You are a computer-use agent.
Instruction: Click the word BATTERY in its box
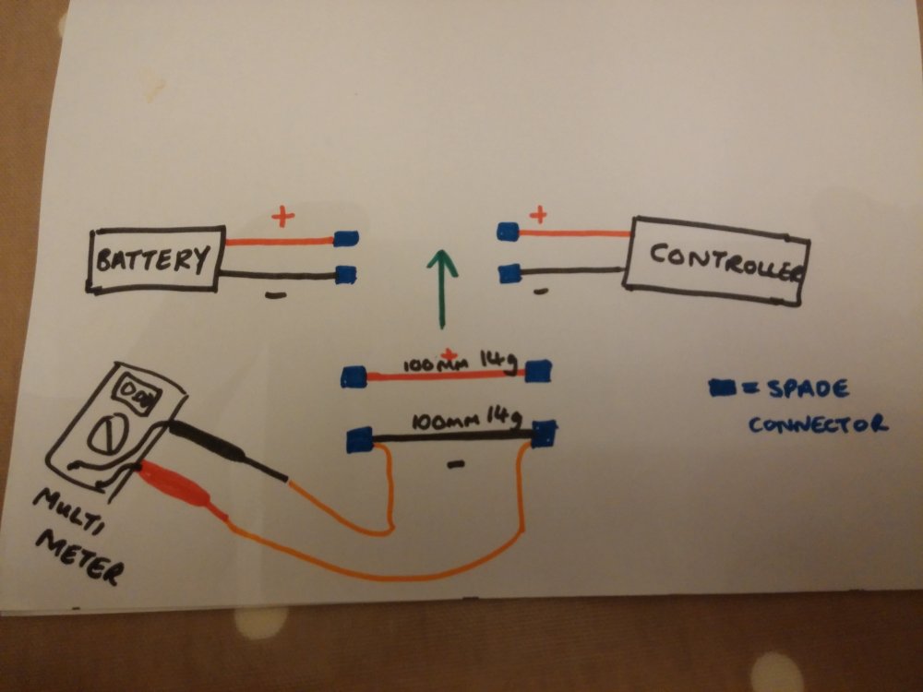[153, 259]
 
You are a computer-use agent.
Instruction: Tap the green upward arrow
[441, 288]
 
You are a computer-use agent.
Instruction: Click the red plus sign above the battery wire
[283, 217]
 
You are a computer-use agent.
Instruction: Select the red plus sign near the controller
[538, 214]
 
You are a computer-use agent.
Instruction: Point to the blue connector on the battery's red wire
[346, 238]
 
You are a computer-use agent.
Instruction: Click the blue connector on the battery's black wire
[346, 274]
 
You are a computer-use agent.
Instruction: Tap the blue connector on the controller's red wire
[508, 232]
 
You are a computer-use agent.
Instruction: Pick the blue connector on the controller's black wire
[509, 273]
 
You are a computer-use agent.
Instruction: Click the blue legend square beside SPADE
[723, 388]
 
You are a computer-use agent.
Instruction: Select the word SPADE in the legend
[809, 388]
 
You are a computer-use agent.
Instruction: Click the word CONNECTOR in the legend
[818, 424]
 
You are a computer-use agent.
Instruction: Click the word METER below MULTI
[80, 556]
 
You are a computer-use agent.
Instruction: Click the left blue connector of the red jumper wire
[354, 376]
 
